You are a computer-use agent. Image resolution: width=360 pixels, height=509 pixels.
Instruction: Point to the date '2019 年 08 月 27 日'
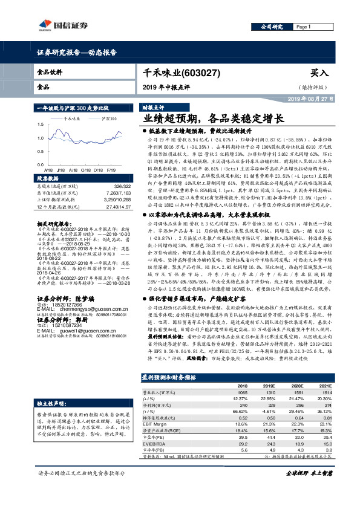(309, 99)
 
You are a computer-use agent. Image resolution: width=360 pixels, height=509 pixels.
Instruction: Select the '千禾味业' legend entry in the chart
(72, 119)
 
